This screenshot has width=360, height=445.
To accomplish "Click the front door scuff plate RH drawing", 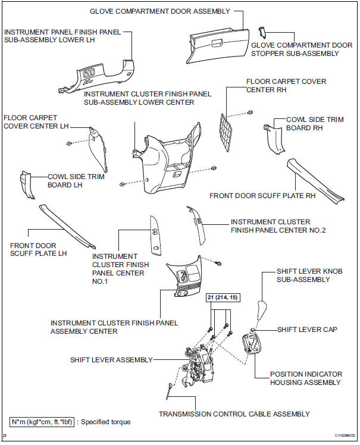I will (x=315, y=178).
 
